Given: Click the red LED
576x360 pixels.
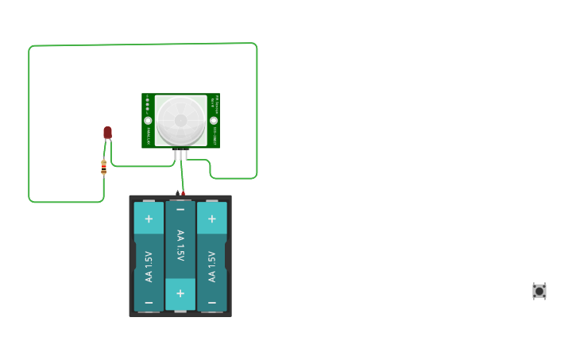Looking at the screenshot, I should pyautogui.click(x=107, y=132).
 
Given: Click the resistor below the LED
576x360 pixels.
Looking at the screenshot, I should pyautogui.click(x=103, y=167).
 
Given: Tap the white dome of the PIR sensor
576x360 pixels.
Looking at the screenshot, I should pyautogui.click(x=180, y=121).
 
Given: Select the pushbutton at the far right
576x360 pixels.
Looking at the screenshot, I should pyautogui.click(x=539, y=291).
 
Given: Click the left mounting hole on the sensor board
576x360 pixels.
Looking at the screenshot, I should pyautogui.click(x=148, y=121).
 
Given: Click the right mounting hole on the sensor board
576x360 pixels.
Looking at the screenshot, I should pyautogui.click(x=213, y=121).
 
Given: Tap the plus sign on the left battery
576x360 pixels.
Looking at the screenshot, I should pyautogui.click(x=149, y=219).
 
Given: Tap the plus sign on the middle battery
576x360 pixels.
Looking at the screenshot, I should pyautogui.click(x=180, y=293).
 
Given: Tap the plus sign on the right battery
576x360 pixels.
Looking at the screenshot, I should pyautogui.click(x=211, y=219).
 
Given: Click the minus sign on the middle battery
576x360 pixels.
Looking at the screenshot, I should pyautogui.click(x=180, y=210).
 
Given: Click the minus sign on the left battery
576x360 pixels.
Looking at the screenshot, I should pyautogui.click(x=149, y=303).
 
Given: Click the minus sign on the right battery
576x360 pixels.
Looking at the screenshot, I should pyautogui.click(x=211, y=303).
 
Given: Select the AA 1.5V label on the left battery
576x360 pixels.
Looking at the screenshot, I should pyautogui.click(x=149, y=266).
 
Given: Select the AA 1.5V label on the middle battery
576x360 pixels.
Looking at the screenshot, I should pyautogui.click(x=180, y=246).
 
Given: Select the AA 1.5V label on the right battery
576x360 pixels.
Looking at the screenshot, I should pyautogui.click(x=211, y=266).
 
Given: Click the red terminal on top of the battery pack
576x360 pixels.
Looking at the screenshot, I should pyautogui.click(x=184, y=193).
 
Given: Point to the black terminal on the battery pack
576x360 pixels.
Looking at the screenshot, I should pyautogui.click(x=177, y=193).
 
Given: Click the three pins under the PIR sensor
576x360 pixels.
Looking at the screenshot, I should pyautogui.click(x=181, y=154).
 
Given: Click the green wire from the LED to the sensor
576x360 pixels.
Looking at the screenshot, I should pyautogui.click(x=143, y=166).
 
